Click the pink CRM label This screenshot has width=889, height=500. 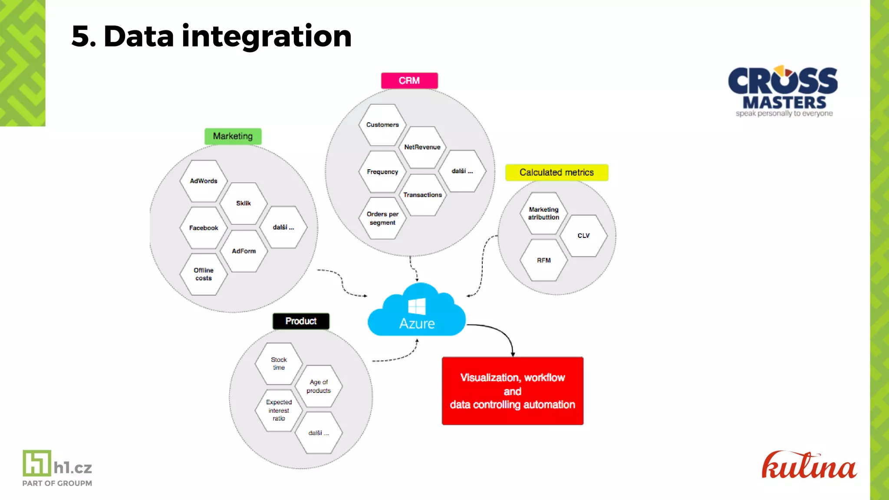point(409,81)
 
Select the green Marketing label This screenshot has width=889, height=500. point(233,136)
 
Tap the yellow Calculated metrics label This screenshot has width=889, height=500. point(556,172)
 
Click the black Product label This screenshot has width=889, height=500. point(301,321)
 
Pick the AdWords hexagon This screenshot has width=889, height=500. point(204,181)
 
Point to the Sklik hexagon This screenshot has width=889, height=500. point(244,203)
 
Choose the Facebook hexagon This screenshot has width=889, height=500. point(204,228)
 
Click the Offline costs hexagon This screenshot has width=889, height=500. point(204,274)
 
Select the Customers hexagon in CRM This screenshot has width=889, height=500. point(382,125)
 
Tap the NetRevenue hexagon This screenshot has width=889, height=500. point(422,147)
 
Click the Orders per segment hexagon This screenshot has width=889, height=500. point(382,218)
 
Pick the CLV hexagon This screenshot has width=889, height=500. point(583,236)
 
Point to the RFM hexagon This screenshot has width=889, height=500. point(543,260)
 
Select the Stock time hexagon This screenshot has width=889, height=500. point(279,364)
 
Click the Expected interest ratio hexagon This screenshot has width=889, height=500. point(279,410)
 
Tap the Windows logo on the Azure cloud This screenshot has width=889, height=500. point(417,306)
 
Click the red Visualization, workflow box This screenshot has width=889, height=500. point(512,391)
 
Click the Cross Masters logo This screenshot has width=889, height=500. point(784,91)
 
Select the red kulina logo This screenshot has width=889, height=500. point(809,466)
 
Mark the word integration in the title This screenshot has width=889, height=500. point(267,36)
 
